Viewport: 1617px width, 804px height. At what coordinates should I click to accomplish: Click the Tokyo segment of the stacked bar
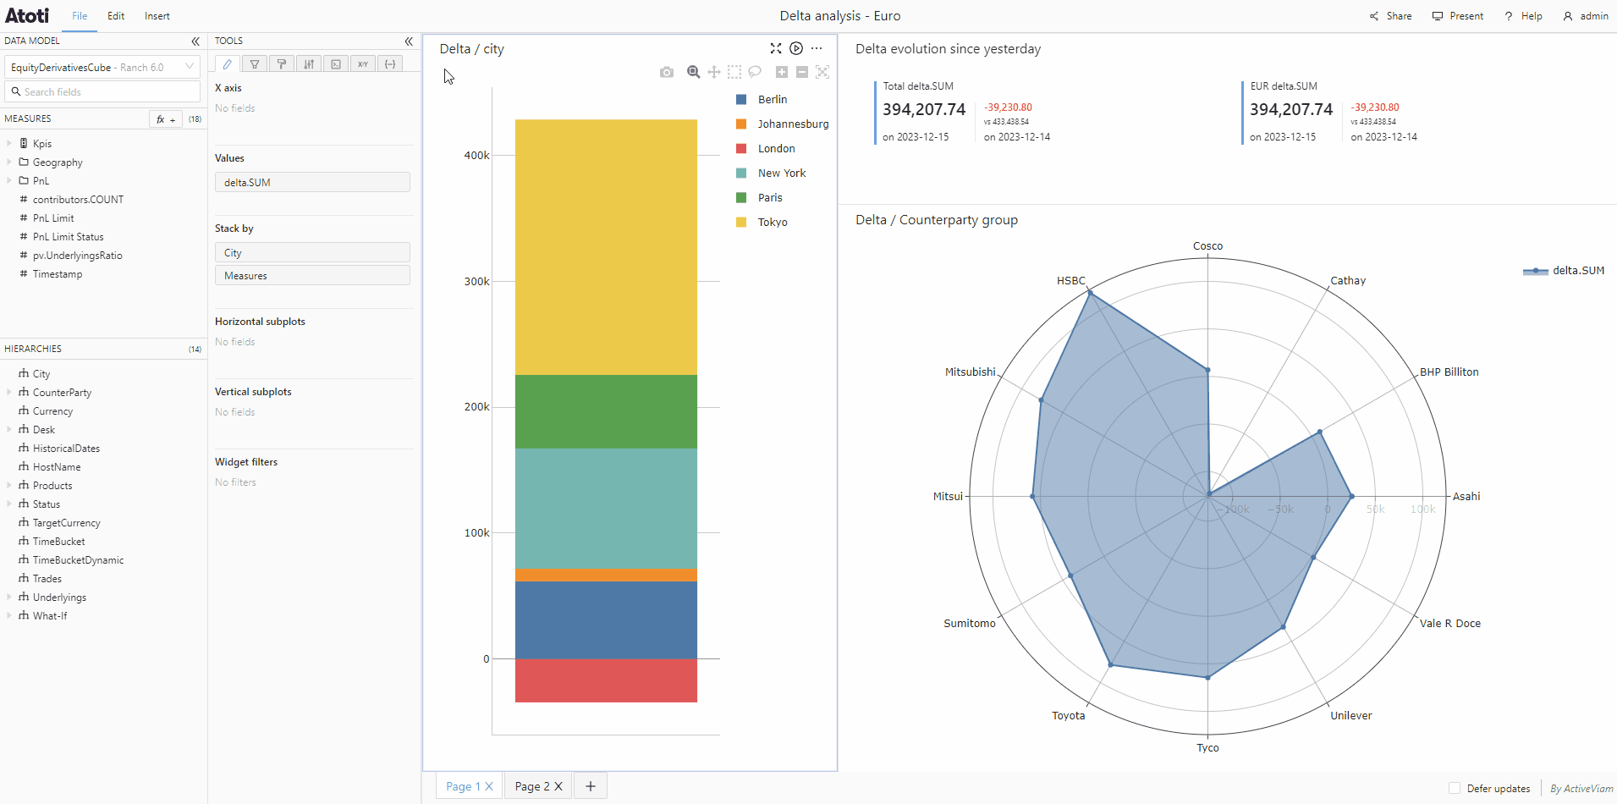[x=606, y=247]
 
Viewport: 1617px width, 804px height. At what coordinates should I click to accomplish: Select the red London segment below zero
[x=606, y=680]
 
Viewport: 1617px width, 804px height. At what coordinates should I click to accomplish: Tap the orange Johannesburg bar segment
[x=606, y=575]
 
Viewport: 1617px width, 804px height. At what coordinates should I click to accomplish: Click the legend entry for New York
[x=771, y=173]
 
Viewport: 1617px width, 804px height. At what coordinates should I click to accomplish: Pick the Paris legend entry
[x=759, y=197]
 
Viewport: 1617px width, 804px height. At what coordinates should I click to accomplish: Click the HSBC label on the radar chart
[x=1070, y=280]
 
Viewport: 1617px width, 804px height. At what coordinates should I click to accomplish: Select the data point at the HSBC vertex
[x=1090, y=293]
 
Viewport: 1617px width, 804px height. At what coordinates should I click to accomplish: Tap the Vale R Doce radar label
[x=1450, y=623]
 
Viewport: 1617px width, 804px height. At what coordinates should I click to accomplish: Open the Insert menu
[x=157, y=16]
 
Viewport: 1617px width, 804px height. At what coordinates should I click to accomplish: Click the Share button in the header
[x=1390, y=16]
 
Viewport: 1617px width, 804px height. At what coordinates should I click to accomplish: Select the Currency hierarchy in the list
[x=52, y=411]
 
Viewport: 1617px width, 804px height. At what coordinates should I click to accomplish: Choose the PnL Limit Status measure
[x=68, y=237]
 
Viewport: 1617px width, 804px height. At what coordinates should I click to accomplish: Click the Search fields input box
[x=102, y=91]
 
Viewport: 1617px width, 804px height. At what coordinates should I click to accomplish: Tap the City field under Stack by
[x=312, y=253]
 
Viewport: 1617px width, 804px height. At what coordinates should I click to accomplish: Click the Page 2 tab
[x=538, y=786]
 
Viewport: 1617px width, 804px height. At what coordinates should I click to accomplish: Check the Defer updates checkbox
[x=1455, y=788]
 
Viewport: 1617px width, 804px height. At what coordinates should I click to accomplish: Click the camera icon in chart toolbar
[x=667, y=73]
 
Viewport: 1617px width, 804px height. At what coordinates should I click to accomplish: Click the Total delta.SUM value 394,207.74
[x=924, y=109]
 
